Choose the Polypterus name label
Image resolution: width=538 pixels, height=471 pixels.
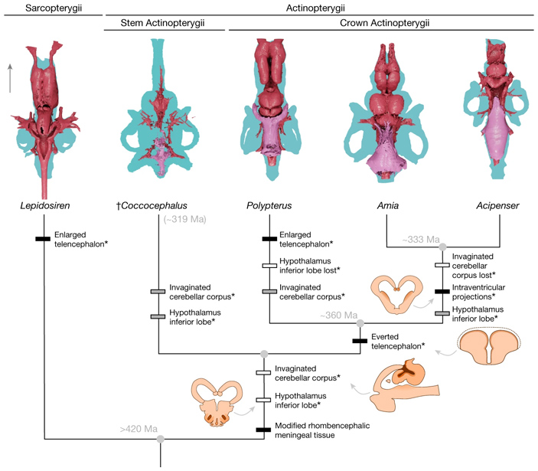(x=269, y=206)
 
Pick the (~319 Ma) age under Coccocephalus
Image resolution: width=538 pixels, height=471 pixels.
(x=186, y=221)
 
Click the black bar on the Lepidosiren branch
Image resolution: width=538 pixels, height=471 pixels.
(x=45, y=238)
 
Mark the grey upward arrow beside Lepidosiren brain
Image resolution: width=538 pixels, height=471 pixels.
(x=10, y=78)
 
